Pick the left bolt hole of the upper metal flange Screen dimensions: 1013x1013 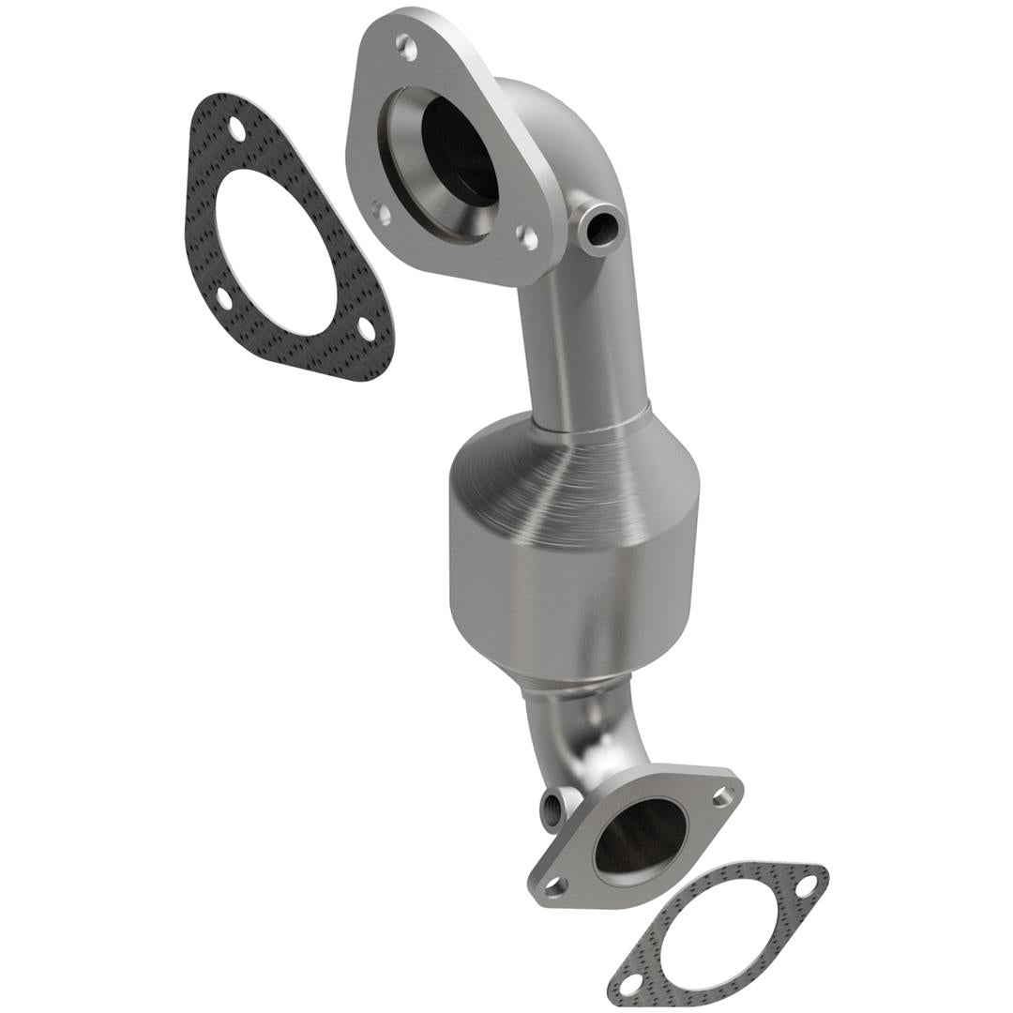point(381,213)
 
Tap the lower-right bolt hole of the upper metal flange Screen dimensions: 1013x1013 point(528,237)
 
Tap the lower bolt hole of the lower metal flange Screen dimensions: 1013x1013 point(558,884)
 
